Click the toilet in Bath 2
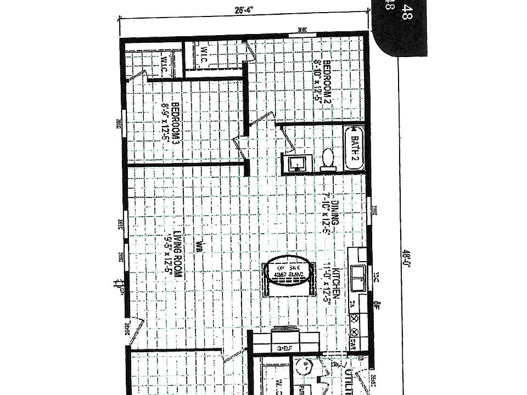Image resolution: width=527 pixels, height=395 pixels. (328, 159)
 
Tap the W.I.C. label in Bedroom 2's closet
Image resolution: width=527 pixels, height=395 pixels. (203, 55)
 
